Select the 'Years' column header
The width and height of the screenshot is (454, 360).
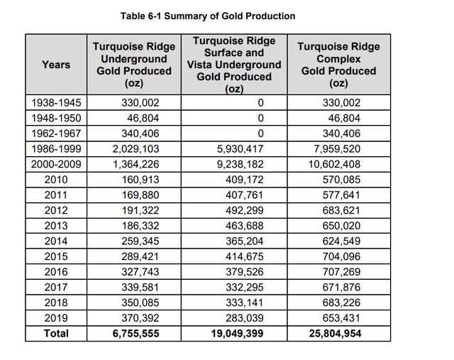(56, 65)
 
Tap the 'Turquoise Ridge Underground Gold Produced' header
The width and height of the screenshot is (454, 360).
(134, 65)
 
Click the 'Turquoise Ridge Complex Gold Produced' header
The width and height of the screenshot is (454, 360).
(338, 65)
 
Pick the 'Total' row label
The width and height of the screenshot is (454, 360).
(56, 333)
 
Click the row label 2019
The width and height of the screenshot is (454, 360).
(56, 317)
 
